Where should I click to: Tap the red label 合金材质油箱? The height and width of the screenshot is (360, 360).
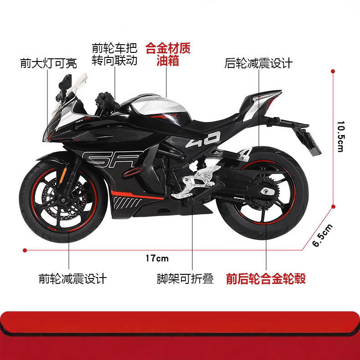click(167, 54)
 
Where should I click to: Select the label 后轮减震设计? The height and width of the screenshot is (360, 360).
click(258, 62)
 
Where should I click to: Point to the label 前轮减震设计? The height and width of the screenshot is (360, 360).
click(72, 278)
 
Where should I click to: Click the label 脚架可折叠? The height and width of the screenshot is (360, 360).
click(185, 278)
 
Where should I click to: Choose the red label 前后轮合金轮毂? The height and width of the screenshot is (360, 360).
click(266, 278)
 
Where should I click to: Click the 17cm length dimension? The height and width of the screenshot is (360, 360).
click(157, 258)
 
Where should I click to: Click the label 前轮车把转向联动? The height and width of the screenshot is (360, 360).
click(114, 54)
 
